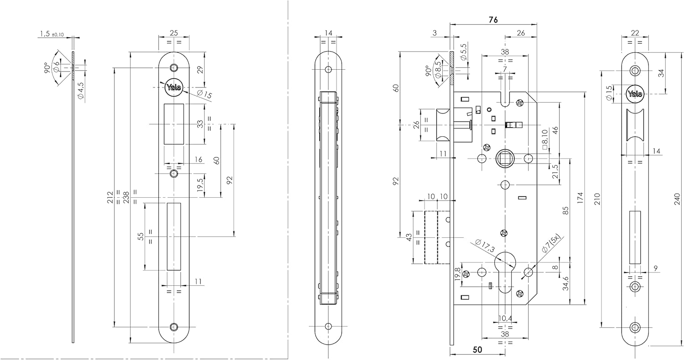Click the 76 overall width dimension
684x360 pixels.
(493, 20)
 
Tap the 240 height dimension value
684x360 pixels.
(677, 199)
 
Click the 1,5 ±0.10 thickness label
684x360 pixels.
(52, 34)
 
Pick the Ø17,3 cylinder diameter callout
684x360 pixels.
(484, 246)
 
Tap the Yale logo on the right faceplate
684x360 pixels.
(635, 94)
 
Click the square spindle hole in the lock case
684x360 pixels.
(505, 159)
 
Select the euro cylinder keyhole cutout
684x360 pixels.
(505, 273)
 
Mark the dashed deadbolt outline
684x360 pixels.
(431, 237)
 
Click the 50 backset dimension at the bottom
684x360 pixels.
(477, 350)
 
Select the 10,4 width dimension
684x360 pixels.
(504, 318)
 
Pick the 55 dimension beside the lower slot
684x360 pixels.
(141, 236)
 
